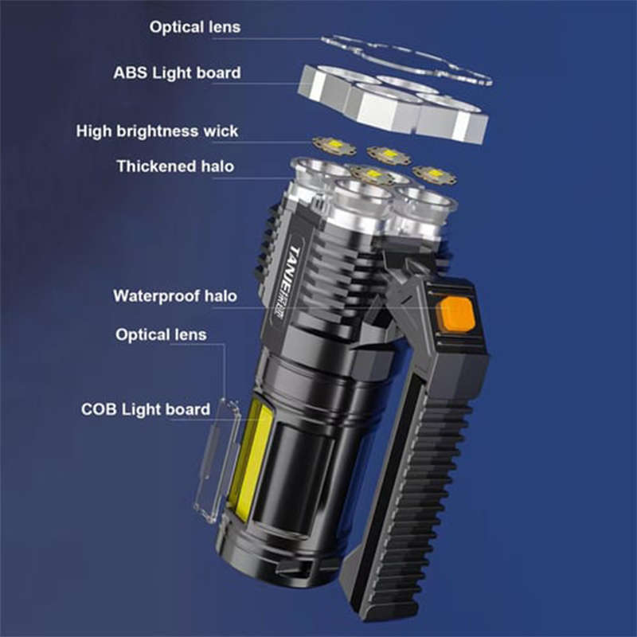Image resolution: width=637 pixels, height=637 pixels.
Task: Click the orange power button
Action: pos(457,315)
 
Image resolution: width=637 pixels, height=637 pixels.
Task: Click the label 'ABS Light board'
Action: pos(177,73)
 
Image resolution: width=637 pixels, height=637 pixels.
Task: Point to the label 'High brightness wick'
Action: pos(157,131)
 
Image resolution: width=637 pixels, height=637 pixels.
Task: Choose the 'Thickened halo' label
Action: pos(178,166)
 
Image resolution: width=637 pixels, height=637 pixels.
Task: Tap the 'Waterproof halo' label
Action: pos(175,296)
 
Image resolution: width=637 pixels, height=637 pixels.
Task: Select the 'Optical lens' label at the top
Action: pos(195,27)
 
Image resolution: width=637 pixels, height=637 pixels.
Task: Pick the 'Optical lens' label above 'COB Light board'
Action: pos(161,334)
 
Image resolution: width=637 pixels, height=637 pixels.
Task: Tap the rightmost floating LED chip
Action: pos(435,174)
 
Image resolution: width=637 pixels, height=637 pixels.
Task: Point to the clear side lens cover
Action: pos(214,462)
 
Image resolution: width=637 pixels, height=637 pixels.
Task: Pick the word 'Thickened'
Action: pos(156,166)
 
